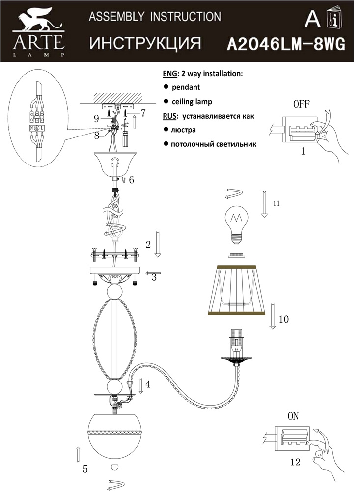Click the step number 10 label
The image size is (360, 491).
[x=283, y=319]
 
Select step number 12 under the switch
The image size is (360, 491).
[x=295, y=462]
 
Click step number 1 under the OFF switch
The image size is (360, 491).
[x=303, y=152]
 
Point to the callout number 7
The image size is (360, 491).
[x=143, y=113]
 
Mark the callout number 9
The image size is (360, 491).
[x=97, y=118]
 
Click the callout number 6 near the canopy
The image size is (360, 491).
[x=131, y=180]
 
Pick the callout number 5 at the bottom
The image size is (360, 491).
[x=85, y=469]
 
